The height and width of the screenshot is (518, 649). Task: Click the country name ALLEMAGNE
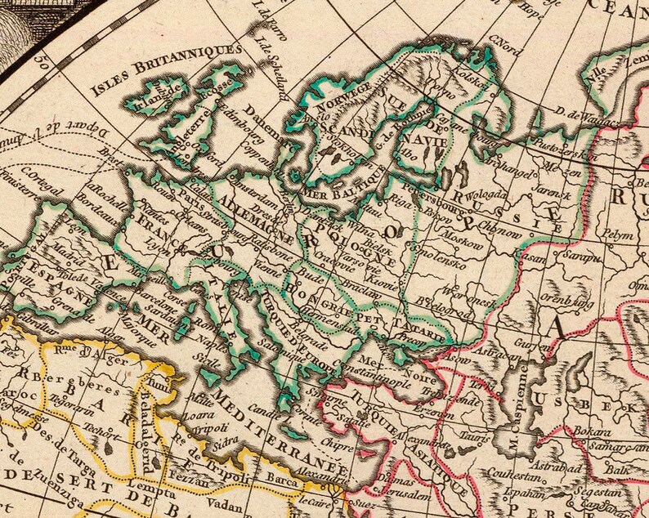pos(253,212)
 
